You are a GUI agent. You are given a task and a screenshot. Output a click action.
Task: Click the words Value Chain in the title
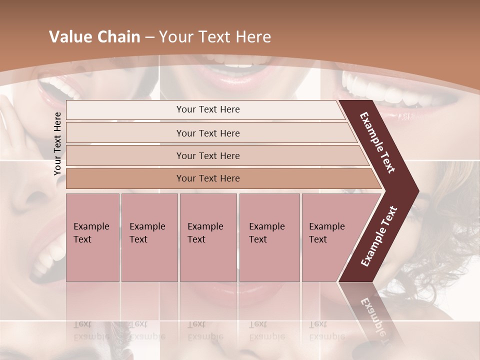94,37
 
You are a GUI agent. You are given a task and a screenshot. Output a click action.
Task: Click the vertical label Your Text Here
58,143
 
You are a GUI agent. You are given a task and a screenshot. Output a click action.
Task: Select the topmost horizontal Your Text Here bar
207,109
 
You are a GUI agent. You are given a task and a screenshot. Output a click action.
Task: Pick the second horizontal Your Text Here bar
207,133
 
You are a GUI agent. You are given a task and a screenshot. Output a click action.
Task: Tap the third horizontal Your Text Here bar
207,155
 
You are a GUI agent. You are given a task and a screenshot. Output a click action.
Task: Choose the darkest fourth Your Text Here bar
207,178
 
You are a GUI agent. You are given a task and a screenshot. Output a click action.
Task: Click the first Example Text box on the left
92,237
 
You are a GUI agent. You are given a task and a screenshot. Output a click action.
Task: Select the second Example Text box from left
149,237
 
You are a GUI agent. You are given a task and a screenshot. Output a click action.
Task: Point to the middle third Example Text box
208,237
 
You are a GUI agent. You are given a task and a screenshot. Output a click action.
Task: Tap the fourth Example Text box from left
269,237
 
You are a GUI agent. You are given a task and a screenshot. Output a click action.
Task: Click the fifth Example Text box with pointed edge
330,237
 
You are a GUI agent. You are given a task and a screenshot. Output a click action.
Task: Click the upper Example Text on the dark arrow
377,142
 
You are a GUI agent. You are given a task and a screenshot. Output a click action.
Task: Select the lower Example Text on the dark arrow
378,236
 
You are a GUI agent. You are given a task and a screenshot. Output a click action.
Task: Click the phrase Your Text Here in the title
215,37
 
